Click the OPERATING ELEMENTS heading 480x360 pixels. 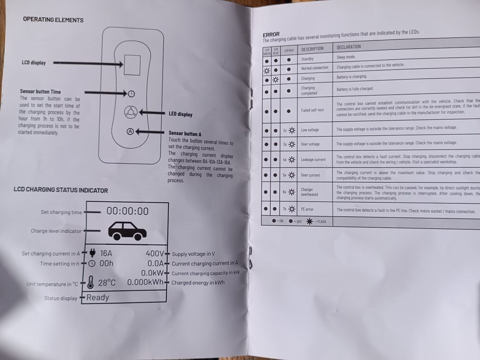click(53, 20)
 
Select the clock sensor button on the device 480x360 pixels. click(131, 94)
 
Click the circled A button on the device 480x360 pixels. click(130, 131)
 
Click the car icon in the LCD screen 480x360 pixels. click(127, 230)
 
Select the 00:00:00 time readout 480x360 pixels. click(128, 211)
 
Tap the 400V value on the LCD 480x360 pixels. click(155, 253)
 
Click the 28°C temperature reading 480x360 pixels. click(107, 282)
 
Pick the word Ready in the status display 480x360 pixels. click(98, 297)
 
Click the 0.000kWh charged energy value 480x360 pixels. click(146, 282)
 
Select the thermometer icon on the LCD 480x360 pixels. click(91, 282)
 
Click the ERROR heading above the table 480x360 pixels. click(271, 34)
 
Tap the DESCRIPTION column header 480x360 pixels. click(313, 49)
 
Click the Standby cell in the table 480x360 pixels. click(308, 59)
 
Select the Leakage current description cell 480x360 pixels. click(313, 159)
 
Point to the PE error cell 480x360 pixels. click(307, 209)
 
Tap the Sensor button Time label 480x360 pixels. click(40, 92)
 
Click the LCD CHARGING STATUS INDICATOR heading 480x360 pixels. click(61, 190)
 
